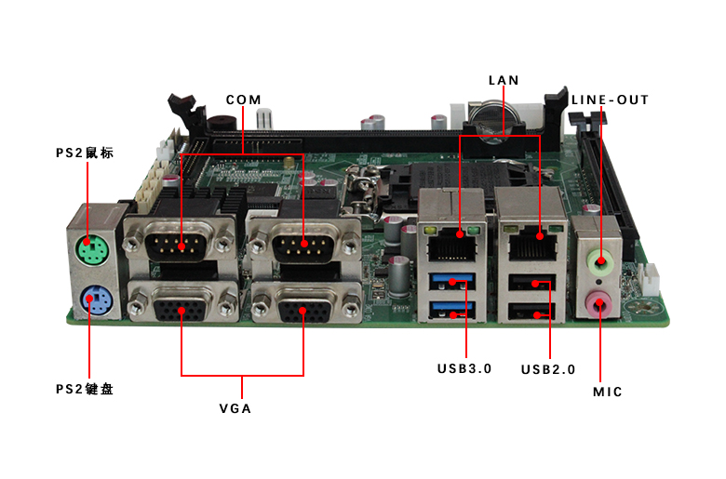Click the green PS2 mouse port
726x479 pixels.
tap(89, 249)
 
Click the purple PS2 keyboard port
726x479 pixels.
tap(91, 299)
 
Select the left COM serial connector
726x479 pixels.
tap(179, 245)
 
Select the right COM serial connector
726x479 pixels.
tap(303, 245)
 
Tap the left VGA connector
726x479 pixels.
tap(181, 304)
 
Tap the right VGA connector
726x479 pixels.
tap(304, 304)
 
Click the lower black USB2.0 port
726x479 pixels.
tap(532, 314)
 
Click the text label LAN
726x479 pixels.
tap(504, 81)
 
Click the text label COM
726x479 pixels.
tap(243, 100)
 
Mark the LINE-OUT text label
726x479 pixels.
tap(610, 100)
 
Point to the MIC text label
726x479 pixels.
tap(608, 392)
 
